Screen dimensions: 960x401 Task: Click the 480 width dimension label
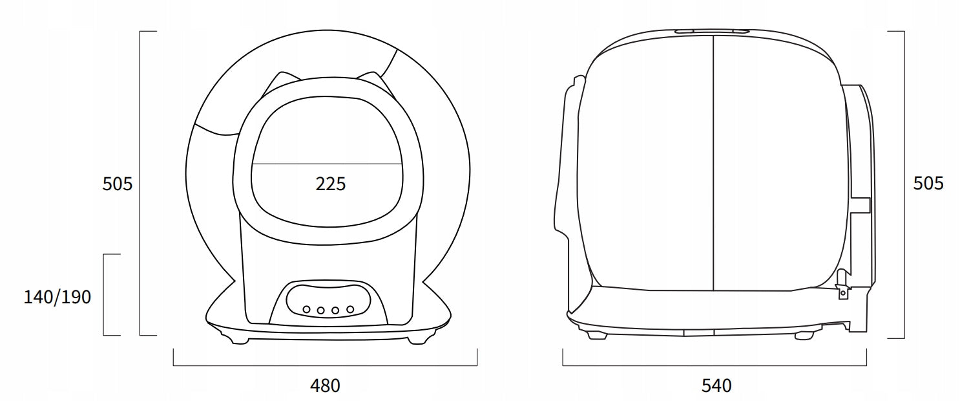(x=325, y=385)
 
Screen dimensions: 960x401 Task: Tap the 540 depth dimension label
(x=716, y=385)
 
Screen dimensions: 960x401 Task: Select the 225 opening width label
(x=330, y=184)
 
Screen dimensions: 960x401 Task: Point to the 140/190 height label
(x=57, y=297)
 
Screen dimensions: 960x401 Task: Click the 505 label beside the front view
(x=118, y=184)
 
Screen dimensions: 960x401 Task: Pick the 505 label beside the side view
(x=928, y=183)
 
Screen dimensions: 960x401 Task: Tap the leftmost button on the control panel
(x=306, y=309)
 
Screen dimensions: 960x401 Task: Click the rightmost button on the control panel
(x=350, y=309)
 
